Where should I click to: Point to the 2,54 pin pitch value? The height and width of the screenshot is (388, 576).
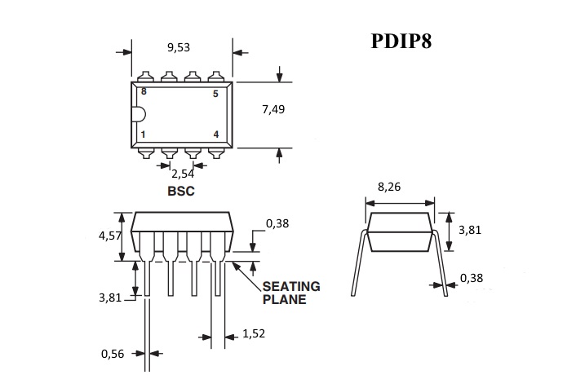[x=182, y=174]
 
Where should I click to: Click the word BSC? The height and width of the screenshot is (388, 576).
[x=181, y=192]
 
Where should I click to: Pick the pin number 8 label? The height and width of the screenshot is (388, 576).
[x=144, y=92]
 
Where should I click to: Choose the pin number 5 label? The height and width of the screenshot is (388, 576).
[x=215, y=95]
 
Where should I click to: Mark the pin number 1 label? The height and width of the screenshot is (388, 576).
[x=144, y=134]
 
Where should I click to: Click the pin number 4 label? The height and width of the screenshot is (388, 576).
[x=215, y=134]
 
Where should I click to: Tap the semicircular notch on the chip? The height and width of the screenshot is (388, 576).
[x=138, y=114]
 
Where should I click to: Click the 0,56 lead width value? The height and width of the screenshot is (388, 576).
[x=113, y=354]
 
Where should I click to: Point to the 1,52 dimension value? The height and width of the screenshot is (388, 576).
[x=255, y=333]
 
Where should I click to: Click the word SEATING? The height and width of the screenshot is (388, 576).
[x=290, y=287]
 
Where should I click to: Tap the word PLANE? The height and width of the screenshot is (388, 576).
[x=284, y=300]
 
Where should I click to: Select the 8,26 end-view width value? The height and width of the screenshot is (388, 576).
[x=390, y=187]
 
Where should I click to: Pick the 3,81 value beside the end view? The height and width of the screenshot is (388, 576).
[x=470, y=230]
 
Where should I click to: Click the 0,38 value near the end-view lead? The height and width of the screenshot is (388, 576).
[x=472, y=278]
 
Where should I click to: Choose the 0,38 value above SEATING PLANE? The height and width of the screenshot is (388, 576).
[x=277, y=223]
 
